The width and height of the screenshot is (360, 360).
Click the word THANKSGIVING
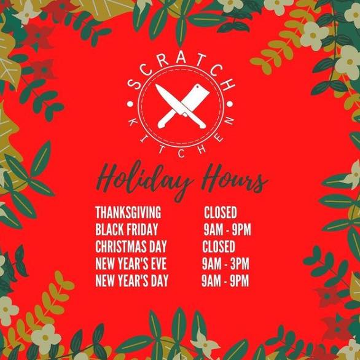128,213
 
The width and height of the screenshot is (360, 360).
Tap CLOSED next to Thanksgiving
221,213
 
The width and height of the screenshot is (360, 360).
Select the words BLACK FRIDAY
127,229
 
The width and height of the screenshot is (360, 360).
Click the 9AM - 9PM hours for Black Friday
227,229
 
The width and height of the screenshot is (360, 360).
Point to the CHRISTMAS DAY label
131,246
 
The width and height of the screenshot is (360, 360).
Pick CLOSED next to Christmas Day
219,246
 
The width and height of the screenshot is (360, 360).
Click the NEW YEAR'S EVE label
131,264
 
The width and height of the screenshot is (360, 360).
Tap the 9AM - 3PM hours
225,264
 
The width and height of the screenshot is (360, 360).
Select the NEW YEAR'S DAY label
132,281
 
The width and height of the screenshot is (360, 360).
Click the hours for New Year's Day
225,281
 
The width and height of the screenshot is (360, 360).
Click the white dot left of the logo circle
130,104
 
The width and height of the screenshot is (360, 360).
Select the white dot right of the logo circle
230,104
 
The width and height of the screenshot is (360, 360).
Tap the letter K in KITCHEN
133,123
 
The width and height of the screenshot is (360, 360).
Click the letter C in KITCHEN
182,154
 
